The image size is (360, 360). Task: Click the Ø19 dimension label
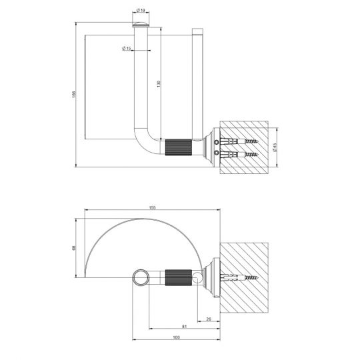[x=141, y=10]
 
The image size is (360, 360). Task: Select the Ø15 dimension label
[x=127, y=49]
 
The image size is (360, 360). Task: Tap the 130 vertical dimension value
[x=159, y=84]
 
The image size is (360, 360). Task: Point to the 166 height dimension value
[x=74, y=95]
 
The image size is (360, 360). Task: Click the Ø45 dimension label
[x=275, y=147]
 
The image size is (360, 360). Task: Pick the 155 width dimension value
[x=153, y=207]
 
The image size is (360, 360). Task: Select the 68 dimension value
[x=74, y=248]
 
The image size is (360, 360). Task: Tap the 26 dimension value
[x=209, y=319]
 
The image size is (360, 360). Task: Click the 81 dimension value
[x=185, y=327]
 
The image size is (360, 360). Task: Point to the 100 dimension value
[x=176, y=337]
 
